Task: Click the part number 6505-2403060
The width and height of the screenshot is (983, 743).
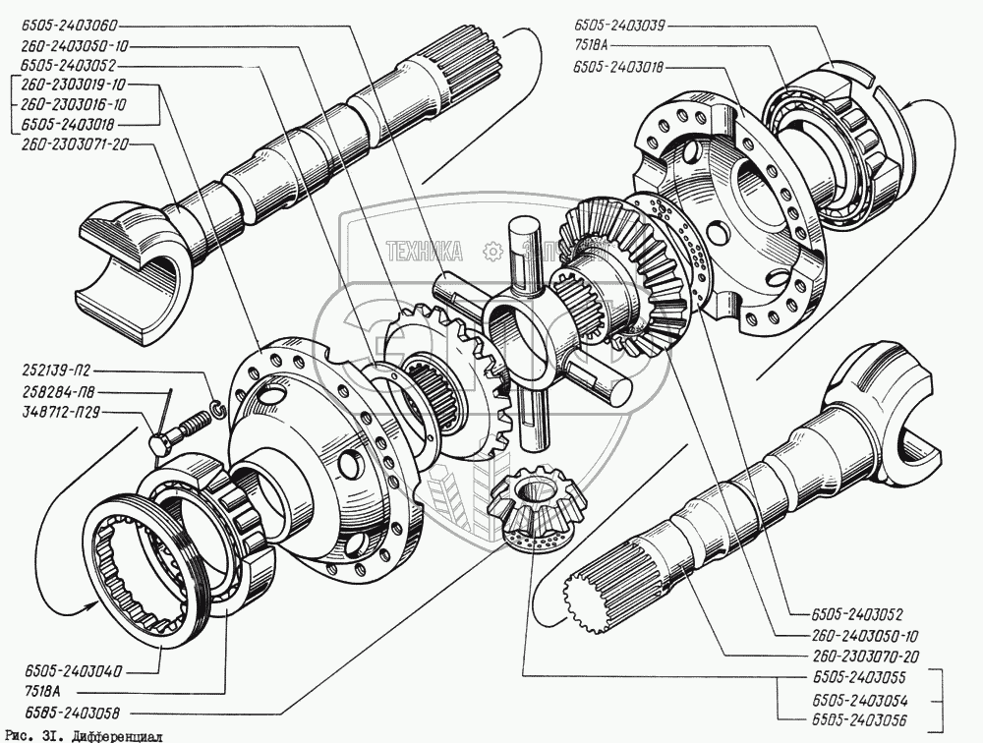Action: pyautogui.click(x=70, y=28)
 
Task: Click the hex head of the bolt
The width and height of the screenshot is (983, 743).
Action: pyautogui.click(x=160, y=444)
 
